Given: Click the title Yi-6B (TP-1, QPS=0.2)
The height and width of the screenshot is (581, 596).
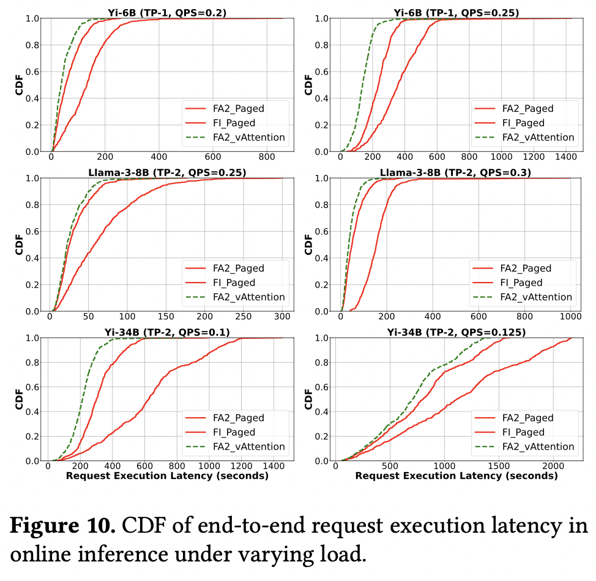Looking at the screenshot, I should click(x=166, y=12).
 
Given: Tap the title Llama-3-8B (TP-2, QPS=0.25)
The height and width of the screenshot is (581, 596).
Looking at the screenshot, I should click(x=166, y=172).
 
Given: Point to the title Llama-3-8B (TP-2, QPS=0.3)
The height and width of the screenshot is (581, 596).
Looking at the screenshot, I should click(x=456, y=172).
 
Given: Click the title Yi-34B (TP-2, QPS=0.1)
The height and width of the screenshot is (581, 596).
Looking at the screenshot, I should click(x=167, y=332).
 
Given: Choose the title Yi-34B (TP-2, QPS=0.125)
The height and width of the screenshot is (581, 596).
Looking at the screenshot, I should click(x=456, y=332).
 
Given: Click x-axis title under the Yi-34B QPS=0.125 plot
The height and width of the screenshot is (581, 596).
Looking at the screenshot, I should click(x=456, y=476).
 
